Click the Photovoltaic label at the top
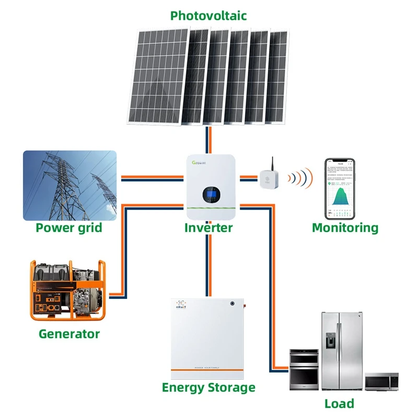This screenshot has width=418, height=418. [208, 16]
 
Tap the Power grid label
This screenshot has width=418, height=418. [69, 228]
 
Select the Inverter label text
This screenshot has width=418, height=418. [208, 228]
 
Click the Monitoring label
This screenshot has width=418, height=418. [345, 228]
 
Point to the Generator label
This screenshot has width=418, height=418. [69, 333]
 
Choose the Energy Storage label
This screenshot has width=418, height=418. [208, 387]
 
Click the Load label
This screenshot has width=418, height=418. [339, 403]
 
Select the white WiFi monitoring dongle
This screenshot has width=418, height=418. [271, 179]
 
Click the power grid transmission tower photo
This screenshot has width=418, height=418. [69, 185]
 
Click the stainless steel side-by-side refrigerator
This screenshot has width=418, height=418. [341, 351]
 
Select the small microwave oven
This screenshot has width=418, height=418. [381, 382]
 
